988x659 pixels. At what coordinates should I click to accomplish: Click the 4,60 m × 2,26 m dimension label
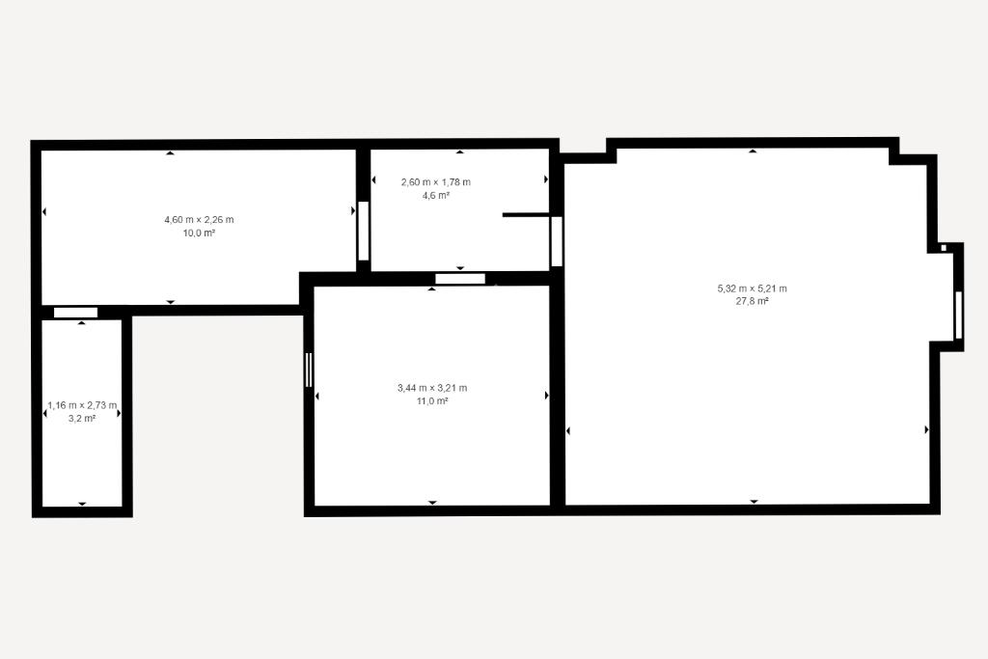199,220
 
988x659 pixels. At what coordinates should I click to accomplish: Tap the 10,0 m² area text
199,233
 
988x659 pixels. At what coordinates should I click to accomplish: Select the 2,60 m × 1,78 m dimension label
436,182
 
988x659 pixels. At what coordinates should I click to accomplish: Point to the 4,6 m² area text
436,195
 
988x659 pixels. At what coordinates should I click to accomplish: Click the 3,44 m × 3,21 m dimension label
432,388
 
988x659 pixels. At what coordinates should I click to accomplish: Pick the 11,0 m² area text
432,401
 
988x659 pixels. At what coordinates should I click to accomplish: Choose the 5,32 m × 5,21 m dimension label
753,288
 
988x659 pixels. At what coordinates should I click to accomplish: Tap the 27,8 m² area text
753,301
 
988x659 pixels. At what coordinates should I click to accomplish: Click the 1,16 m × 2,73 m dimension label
82,406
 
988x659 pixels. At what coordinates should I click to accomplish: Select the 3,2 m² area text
82,419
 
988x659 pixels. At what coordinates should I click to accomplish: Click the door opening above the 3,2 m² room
75,313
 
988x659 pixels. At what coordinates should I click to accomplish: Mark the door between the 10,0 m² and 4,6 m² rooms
363,231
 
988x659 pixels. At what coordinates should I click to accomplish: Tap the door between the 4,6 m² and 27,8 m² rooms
557,241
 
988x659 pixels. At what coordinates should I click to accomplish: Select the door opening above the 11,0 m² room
460,279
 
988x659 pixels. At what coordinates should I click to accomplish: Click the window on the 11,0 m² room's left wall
308,370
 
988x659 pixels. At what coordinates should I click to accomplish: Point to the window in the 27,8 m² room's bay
958,315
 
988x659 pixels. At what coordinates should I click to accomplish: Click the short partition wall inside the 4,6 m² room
526,215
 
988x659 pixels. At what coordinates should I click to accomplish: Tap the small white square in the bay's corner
944,248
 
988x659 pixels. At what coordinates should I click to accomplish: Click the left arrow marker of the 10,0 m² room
44,212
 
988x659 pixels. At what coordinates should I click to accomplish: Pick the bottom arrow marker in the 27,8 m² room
754,502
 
